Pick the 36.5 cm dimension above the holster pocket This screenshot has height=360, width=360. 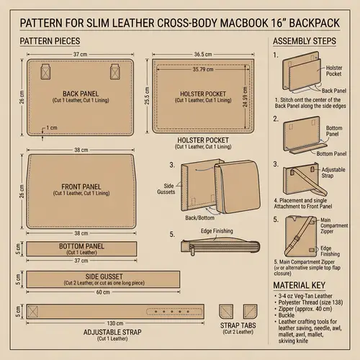[203, 55]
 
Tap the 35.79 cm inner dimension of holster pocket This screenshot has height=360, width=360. [203, 70]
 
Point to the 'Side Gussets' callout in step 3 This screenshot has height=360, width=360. [165, 186]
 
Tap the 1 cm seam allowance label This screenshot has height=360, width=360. [50, 128]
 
